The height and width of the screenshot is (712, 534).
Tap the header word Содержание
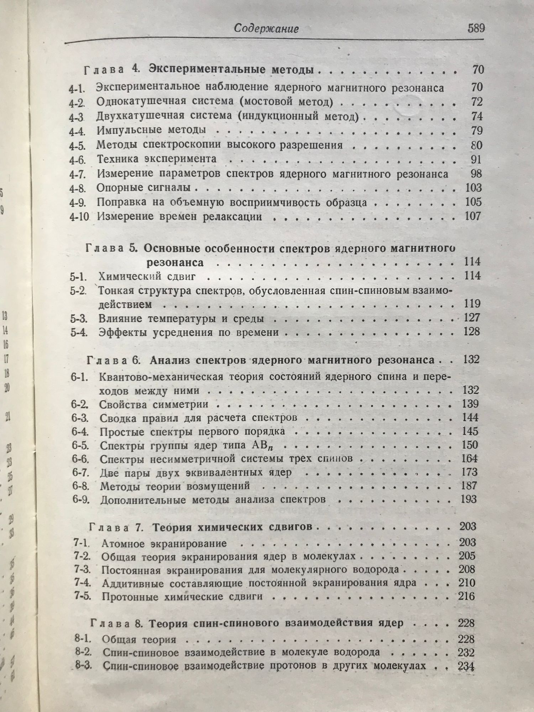coord(266,29)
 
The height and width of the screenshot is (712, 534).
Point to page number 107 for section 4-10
coord(473,216)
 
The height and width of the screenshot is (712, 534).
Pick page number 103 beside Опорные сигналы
coord(473,188)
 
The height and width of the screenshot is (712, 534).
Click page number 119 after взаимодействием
coord(472,304)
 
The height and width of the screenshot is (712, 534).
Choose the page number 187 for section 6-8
coord(469,486)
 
